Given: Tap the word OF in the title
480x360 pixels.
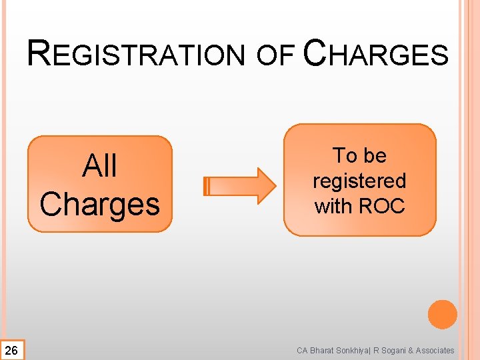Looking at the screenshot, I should tap(276, 56).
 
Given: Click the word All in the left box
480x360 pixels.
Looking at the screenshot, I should tap(100, 166).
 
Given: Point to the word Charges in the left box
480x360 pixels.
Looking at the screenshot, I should tap(100, 205).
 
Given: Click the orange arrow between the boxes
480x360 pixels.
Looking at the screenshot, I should tap(239, 185).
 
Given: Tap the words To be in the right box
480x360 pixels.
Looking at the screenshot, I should tap(360, 155).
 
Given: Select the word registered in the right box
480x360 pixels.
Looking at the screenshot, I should tap(359, 181).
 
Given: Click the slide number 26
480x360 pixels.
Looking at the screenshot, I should tap(11, 350).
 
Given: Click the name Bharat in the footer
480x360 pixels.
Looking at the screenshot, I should tap(323, 350).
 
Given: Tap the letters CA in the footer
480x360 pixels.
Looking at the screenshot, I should tap(303, 350).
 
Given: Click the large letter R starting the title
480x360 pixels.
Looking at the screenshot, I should tap(39, 53).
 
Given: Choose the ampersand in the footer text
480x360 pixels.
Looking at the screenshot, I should tap(413, 350).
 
